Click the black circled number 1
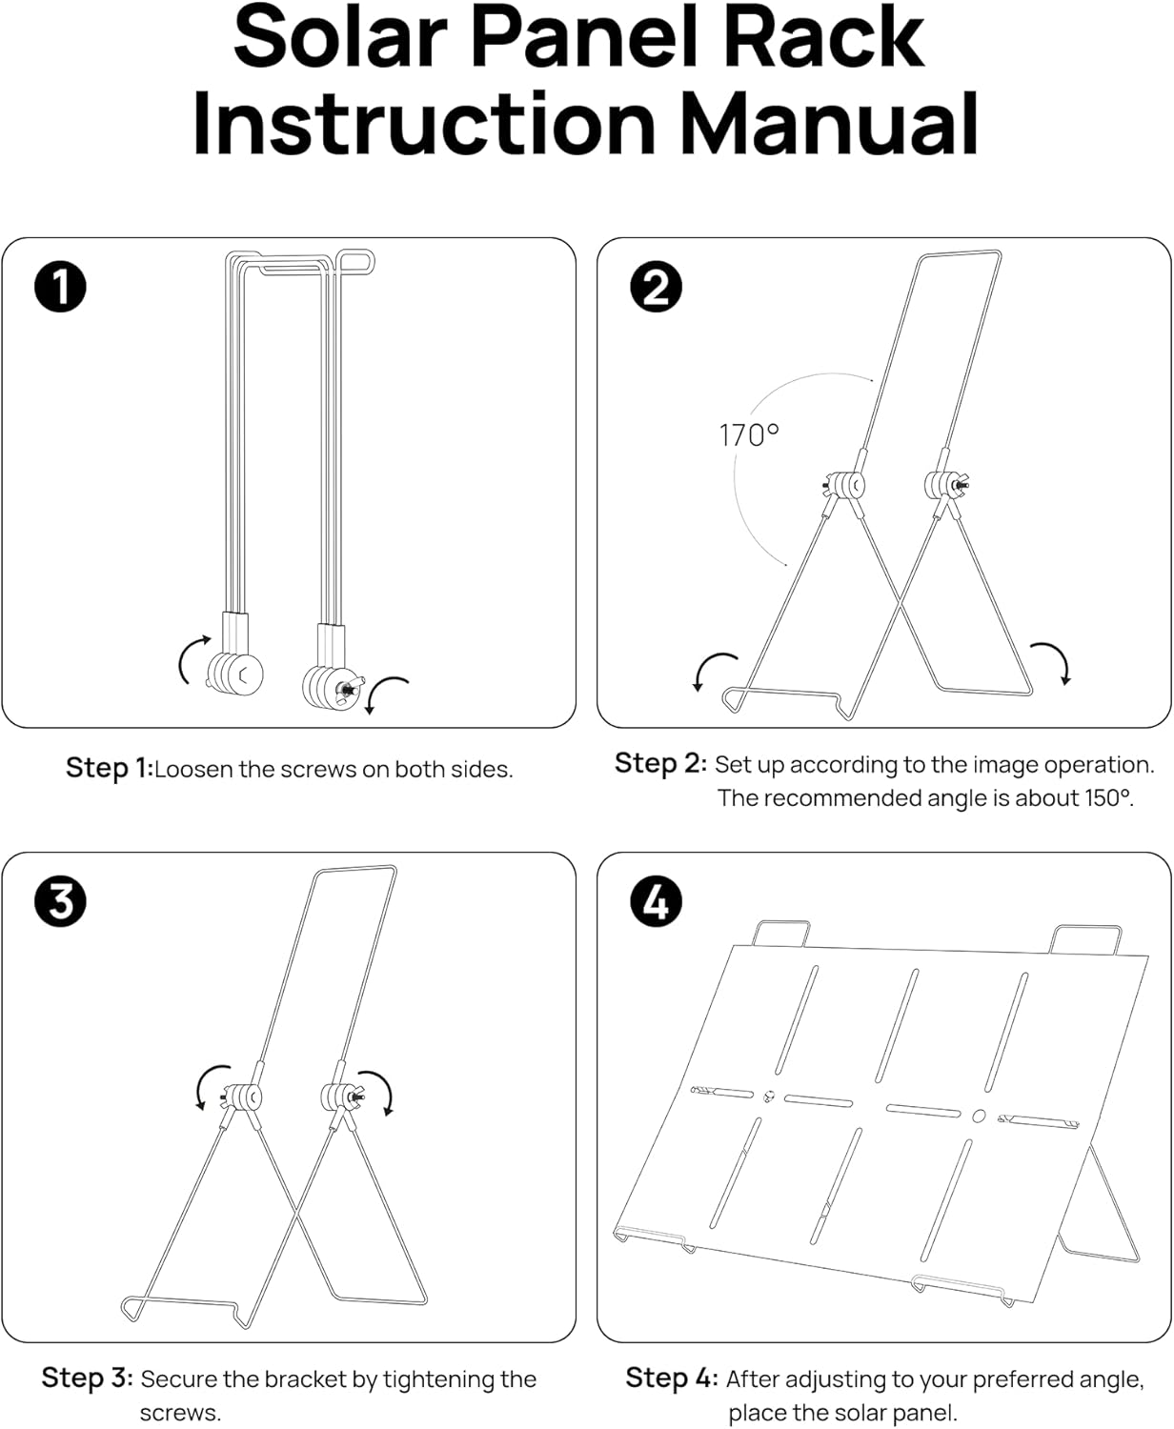[x=61, y=288]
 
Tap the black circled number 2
[x=657, y=287]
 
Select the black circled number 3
[x=61, y=902]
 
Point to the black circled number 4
[x=657, y=901]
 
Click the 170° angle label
[x=749, y=435]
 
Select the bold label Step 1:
[x=109, y=768]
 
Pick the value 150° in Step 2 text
[x=1108, y=798]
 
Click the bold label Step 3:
[x=87, y=1378]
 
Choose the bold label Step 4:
[x=672, y=1378]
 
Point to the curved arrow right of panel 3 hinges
[x=379, y=1090]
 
